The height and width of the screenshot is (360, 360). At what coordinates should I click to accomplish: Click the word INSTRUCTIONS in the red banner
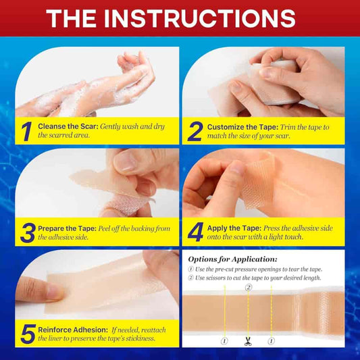point(199,19)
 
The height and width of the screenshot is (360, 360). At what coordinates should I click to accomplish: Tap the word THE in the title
point(71,19)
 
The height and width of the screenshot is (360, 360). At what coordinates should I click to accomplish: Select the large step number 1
point(27,131)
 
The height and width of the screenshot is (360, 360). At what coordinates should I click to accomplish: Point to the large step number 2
point(195,131)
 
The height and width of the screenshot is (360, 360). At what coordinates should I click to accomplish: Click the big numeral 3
point(28,233)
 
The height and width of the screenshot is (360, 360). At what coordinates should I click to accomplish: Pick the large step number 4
point(195,232)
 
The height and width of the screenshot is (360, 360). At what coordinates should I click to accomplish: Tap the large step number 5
point(28,334)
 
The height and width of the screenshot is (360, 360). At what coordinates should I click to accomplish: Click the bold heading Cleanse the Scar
point(68,126)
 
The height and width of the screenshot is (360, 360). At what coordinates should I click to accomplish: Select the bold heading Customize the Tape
point(242,127)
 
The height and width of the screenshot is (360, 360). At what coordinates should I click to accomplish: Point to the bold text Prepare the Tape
point(67,229)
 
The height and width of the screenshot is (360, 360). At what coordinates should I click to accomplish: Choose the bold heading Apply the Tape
point(234,228)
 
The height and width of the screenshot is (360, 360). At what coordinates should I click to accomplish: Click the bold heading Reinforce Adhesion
point(73,330)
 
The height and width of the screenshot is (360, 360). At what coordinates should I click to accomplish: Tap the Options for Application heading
point(232,259)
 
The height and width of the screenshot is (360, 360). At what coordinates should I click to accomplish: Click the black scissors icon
point(248,341)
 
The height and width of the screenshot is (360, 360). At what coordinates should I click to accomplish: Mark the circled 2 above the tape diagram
point(249,288)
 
